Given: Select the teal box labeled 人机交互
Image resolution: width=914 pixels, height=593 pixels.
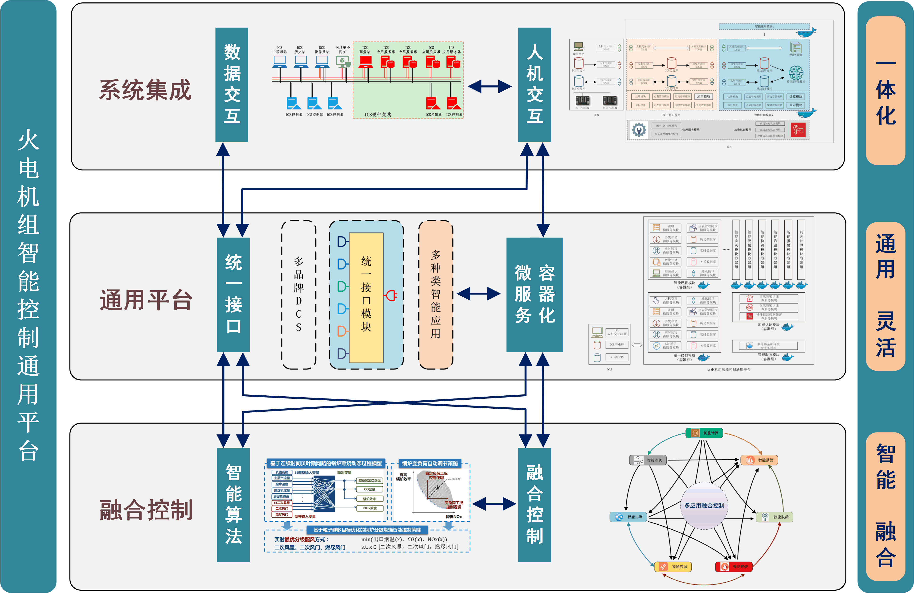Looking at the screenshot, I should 534,85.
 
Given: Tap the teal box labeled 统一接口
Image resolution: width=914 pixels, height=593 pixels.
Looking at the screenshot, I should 233,294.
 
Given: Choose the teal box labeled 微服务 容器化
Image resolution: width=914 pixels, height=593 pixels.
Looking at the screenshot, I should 534,294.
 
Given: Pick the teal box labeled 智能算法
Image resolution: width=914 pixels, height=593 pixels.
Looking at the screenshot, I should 233,505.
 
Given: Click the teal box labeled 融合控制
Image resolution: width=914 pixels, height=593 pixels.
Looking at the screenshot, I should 534,505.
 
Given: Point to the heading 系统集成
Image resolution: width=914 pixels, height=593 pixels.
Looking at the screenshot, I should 145,90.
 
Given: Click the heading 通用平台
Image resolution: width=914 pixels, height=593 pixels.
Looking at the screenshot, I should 146,300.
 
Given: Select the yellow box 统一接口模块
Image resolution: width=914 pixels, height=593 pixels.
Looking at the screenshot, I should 366,298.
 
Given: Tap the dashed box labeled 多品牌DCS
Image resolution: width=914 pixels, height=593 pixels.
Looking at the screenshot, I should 299,294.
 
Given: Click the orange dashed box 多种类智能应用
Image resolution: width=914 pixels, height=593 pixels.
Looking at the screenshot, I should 436,294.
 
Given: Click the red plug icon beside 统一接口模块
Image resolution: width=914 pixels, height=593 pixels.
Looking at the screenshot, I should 391,295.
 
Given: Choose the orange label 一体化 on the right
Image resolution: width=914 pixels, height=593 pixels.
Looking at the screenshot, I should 885,91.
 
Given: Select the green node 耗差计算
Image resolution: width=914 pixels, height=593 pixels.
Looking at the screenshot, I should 704,433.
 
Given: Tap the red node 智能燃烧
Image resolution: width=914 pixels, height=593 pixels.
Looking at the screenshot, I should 734,567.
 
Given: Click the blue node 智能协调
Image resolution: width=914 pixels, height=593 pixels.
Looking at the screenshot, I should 628,517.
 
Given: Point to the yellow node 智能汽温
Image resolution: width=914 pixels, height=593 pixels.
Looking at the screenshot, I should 673,567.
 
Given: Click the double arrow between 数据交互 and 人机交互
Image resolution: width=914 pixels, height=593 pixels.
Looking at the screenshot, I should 490,87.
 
